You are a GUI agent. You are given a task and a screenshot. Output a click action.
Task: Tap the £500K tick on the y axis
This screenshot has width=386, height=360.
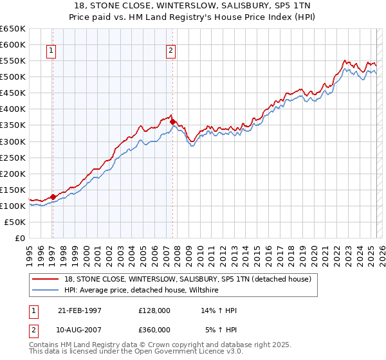12,76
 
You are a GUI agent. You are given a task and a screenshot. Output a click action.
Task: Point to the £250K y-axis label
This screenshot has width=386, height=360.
12,157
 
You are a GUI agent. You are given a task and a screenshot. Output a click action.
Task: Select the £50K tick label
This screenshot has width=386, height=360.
15,222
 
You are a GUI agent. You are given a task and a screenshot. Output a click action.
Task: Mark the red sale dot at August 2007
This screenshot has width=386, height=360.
172,122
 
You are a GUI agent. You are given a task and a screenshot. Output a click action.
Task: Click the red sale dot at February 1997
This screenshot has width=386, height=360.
53,197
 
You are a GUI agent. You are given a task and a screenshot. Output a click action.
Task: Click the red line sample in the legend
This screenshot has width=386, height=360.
47,279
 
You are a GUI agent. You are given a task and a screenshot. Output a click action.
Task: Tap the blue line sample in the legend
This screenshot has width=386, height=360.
47,290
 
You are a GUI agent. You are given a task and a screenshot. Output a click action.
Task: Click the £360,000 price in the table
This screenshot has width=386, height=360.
154,330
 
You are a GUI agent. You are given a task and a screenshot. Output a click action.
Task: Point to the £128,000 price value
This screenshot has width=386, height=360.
154,310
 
